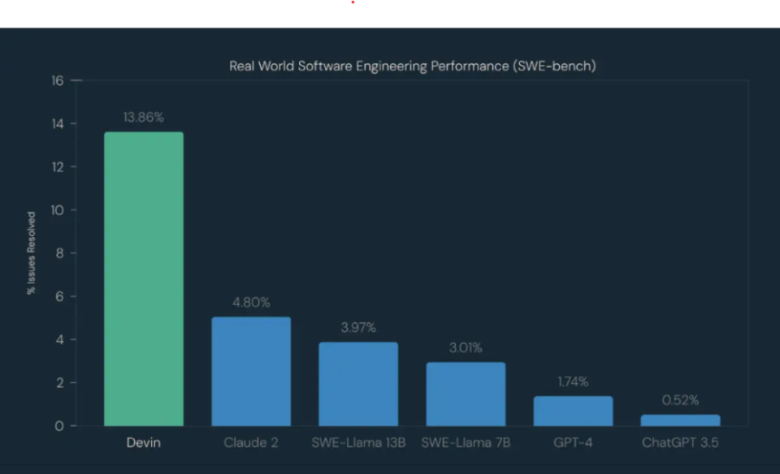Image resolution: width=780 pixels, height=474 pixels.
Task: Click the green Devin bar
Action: tap(144, 278)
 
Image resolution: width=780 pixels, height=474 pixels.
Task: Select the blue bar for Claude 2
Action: tap(251, 371)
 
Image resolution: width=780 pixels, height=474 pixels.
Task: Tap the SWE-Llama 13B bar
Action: tap(358, 384)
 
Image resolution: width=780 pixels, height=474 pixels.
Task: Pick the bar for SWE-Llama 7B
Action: tap(466, 394)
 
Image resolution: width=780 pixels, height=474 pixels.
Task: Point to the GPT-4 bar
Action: tap(573, 411)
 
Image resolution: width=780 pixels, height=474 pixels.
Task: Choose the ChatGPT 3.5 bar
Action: tap(680, 420)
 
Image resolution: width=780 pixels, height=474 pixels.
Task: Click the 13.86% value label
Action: tap(144, 118)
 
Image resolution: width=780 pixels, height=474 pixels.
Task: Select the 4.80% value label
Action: tap(251, 302)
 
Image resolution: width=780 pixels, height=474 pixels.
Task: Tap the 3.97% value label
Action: tap(358, 328)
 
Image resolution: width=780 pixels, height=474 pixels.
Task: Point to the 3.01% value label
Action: tap(466, 348)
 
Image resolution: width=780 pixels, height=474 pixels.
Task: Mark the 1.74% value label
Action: tap(573, 381)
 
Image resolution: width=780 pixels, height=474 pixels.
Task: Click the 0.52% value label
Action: tap(680, 400)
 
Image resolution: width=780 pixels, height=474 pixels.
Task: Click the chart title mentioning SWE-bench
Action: tap(412, 66)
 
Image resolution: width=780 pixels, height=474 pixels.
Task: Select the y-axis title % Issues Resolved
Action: tap(32, 253)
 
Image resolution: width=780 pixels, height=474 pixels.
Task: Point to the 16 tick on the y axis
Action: tap(57, 80)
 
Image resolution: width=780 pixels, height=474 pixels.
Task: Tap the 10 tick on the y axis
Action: tap(57, 210)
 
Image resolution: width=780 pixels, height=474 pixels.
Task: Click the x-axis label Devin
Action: tap(144, 443)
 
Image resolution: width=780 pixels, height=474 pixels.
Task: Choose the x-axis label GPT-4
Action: tap(573, 443)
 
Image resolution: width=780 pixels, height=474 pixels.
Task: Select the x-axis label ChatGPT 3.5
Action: tap(680, 443)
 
